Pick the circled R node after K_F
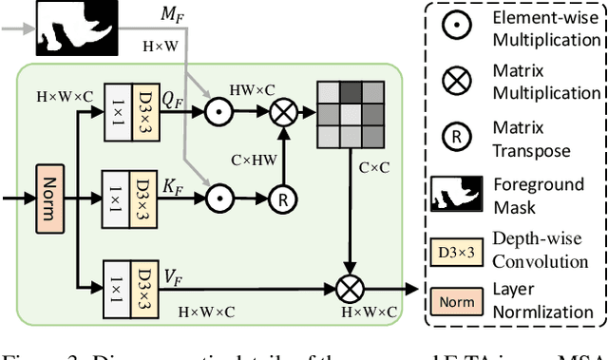coord(280,199)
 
